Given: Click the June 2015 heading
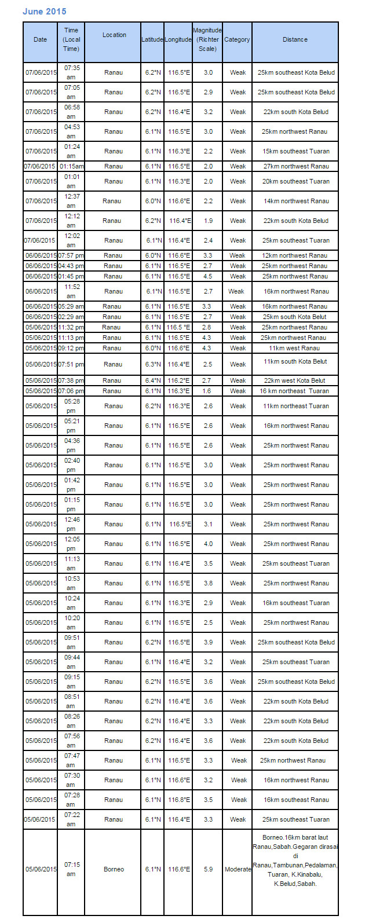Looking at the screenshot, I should point(45,12).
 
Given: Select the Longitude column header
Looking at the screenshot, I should point(178,40).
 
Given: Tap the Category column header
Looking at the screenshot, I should point(237,40).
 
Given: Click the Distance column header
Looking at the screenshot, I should point(295,40).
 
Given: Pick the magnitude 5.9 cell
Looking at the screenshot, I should point(208,869).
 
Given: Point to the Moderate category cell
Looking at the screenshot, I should point(238,869).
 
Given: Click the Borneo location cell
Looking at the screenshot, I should point(114,869).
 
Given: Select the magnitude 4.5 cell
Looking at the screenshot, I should point(208,276).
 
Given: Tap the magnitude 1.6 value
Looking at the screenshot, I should point(208,391).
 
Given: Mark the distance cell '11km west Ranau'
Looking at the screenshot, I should point(294,348).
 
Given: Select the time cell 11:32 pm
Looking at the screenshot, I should point(71,327).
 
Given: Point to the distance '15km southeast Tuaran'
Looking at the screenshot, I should point(295,151).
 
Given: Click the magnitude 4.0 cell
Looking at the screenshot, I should point(208,544).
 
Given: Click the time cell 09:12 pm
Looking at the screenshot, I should point(71,348).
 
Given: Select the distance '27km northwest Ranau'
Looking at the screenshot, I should point(295,166).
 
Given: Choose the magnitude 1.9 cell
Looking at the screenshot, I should point(208,221).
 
